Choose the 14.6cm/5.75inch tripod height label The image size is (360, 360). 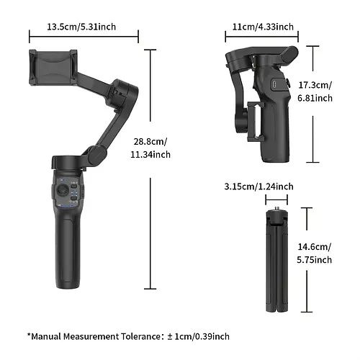click(x=315, y=253)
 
